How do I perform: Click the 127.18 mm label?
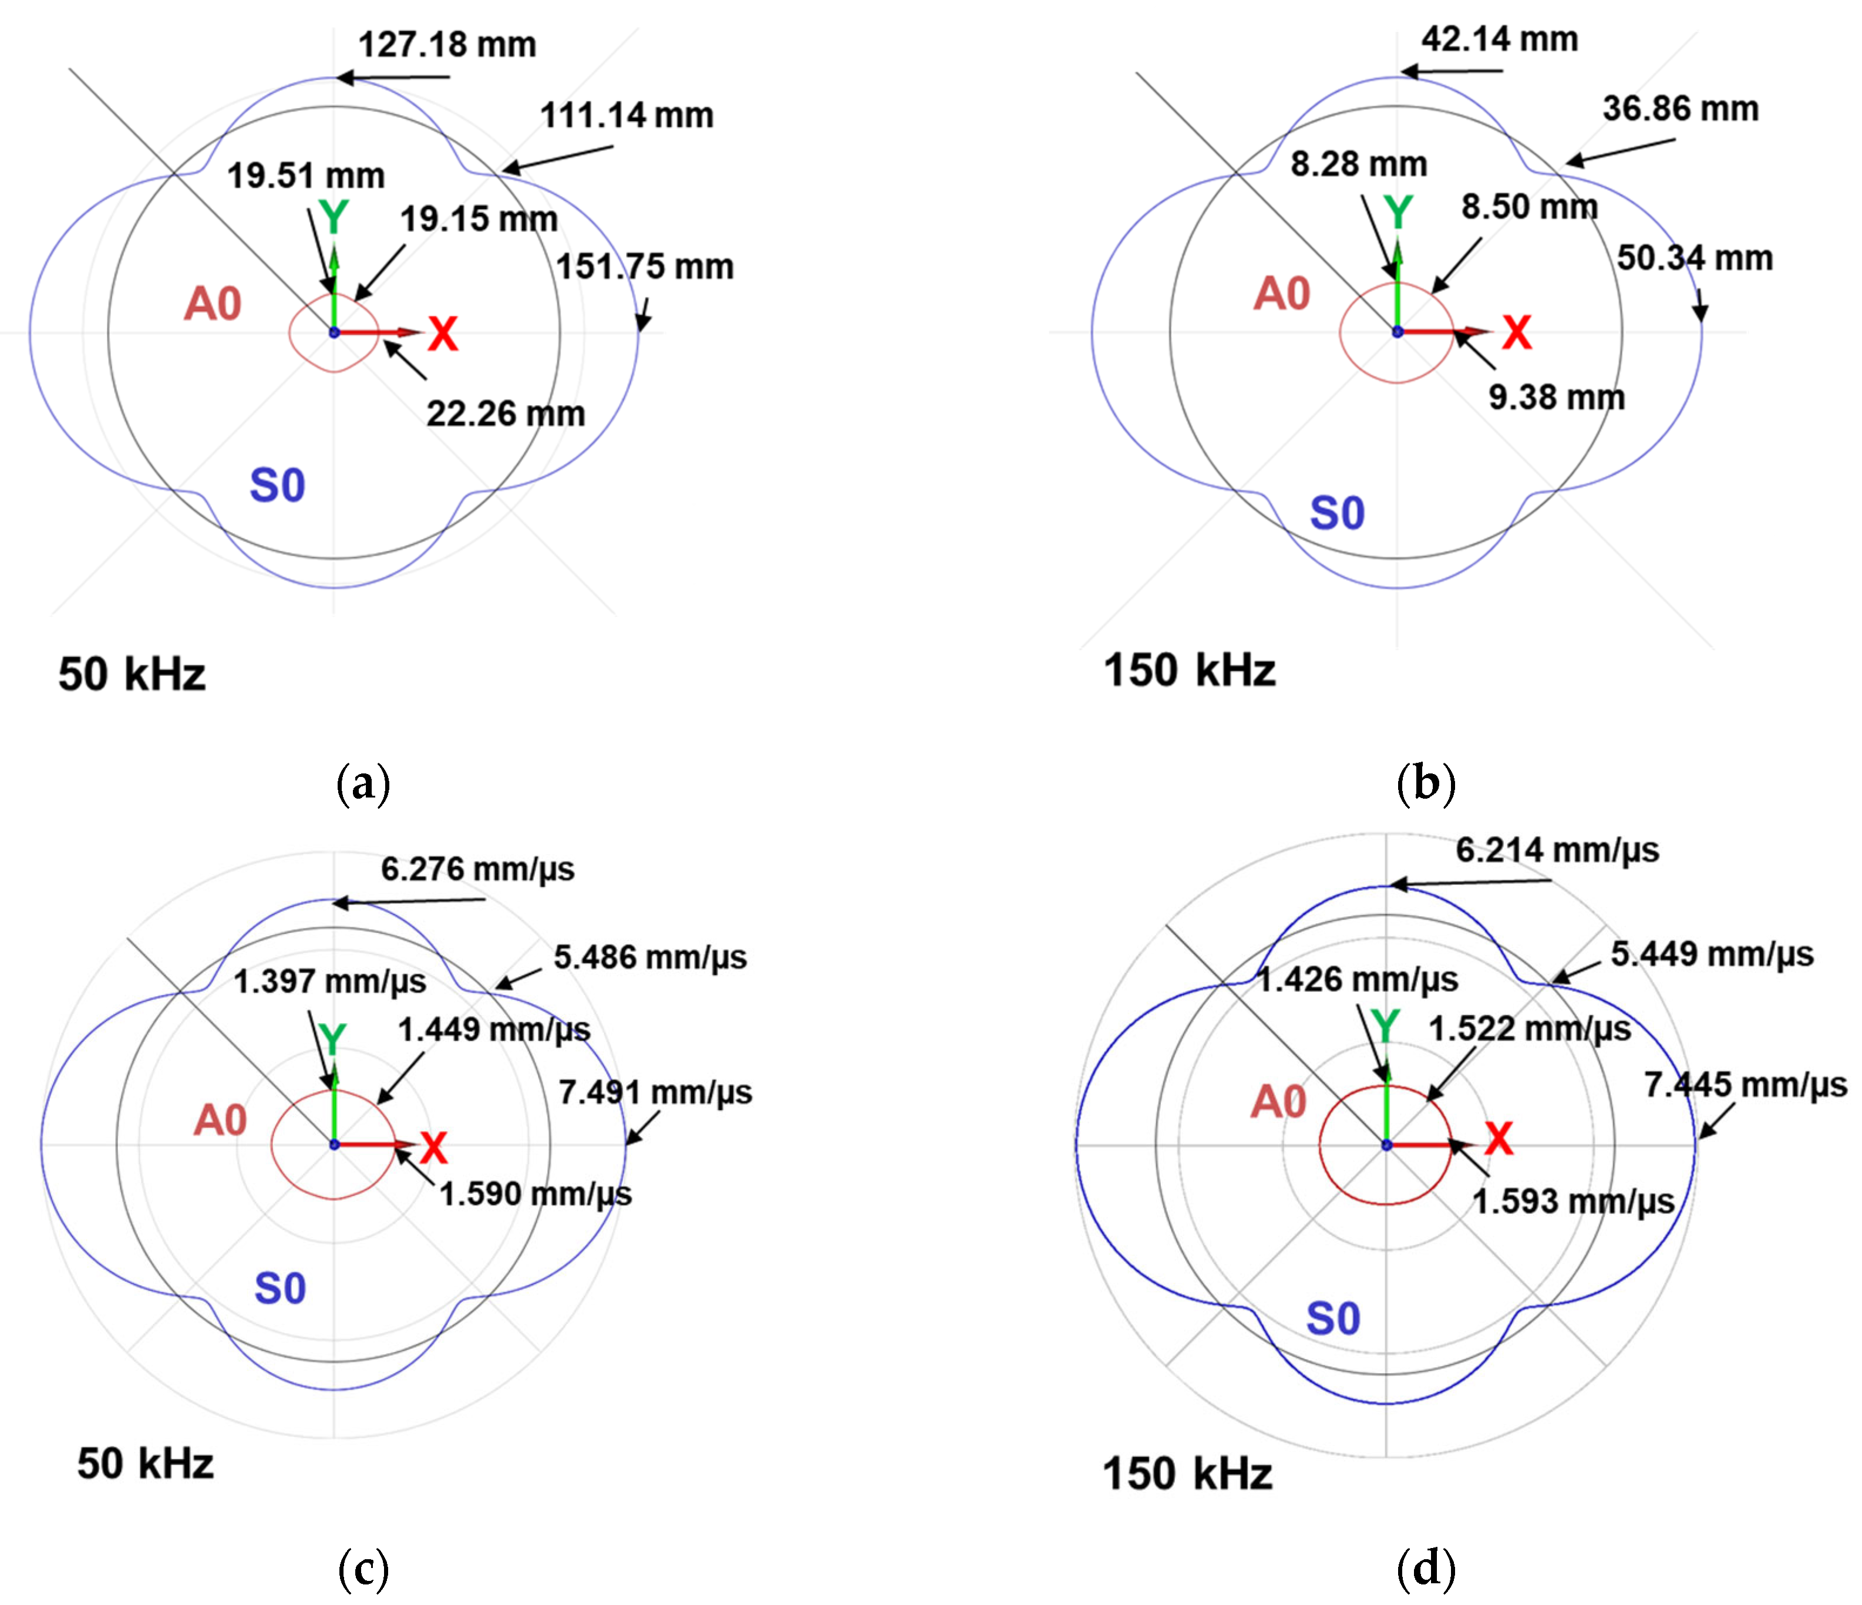pos(447,44)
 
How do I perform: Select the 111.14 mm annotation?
pos(627,115)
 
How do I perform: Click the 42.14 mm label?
pos(1499,39)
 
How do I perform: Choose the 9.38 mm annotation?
pos(1557,396)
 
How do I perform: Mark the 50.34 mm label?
pos(1694,258)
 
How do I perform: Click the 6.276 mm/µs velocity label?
pos(477,869)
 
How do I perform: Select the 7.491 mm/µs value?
pos(655,1092)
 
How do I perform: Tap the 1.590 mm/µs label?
pos(536,1193)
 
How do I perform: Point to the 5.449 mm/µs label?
pos(1711,954)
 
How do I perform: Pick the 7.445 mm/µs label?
pos(1745,1085)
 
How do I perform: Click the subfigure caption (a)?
pos(363,783)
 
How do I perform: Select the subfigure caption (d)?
pos(1425,1568)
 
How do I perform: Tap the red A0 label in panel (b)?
pos(1281,294)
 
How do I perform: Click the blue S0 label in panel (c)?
pos(280,1288)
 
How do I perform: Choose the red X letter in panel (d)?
pos(1498,1139)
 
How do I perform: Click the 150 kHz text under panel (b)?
pos(1189,671)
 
